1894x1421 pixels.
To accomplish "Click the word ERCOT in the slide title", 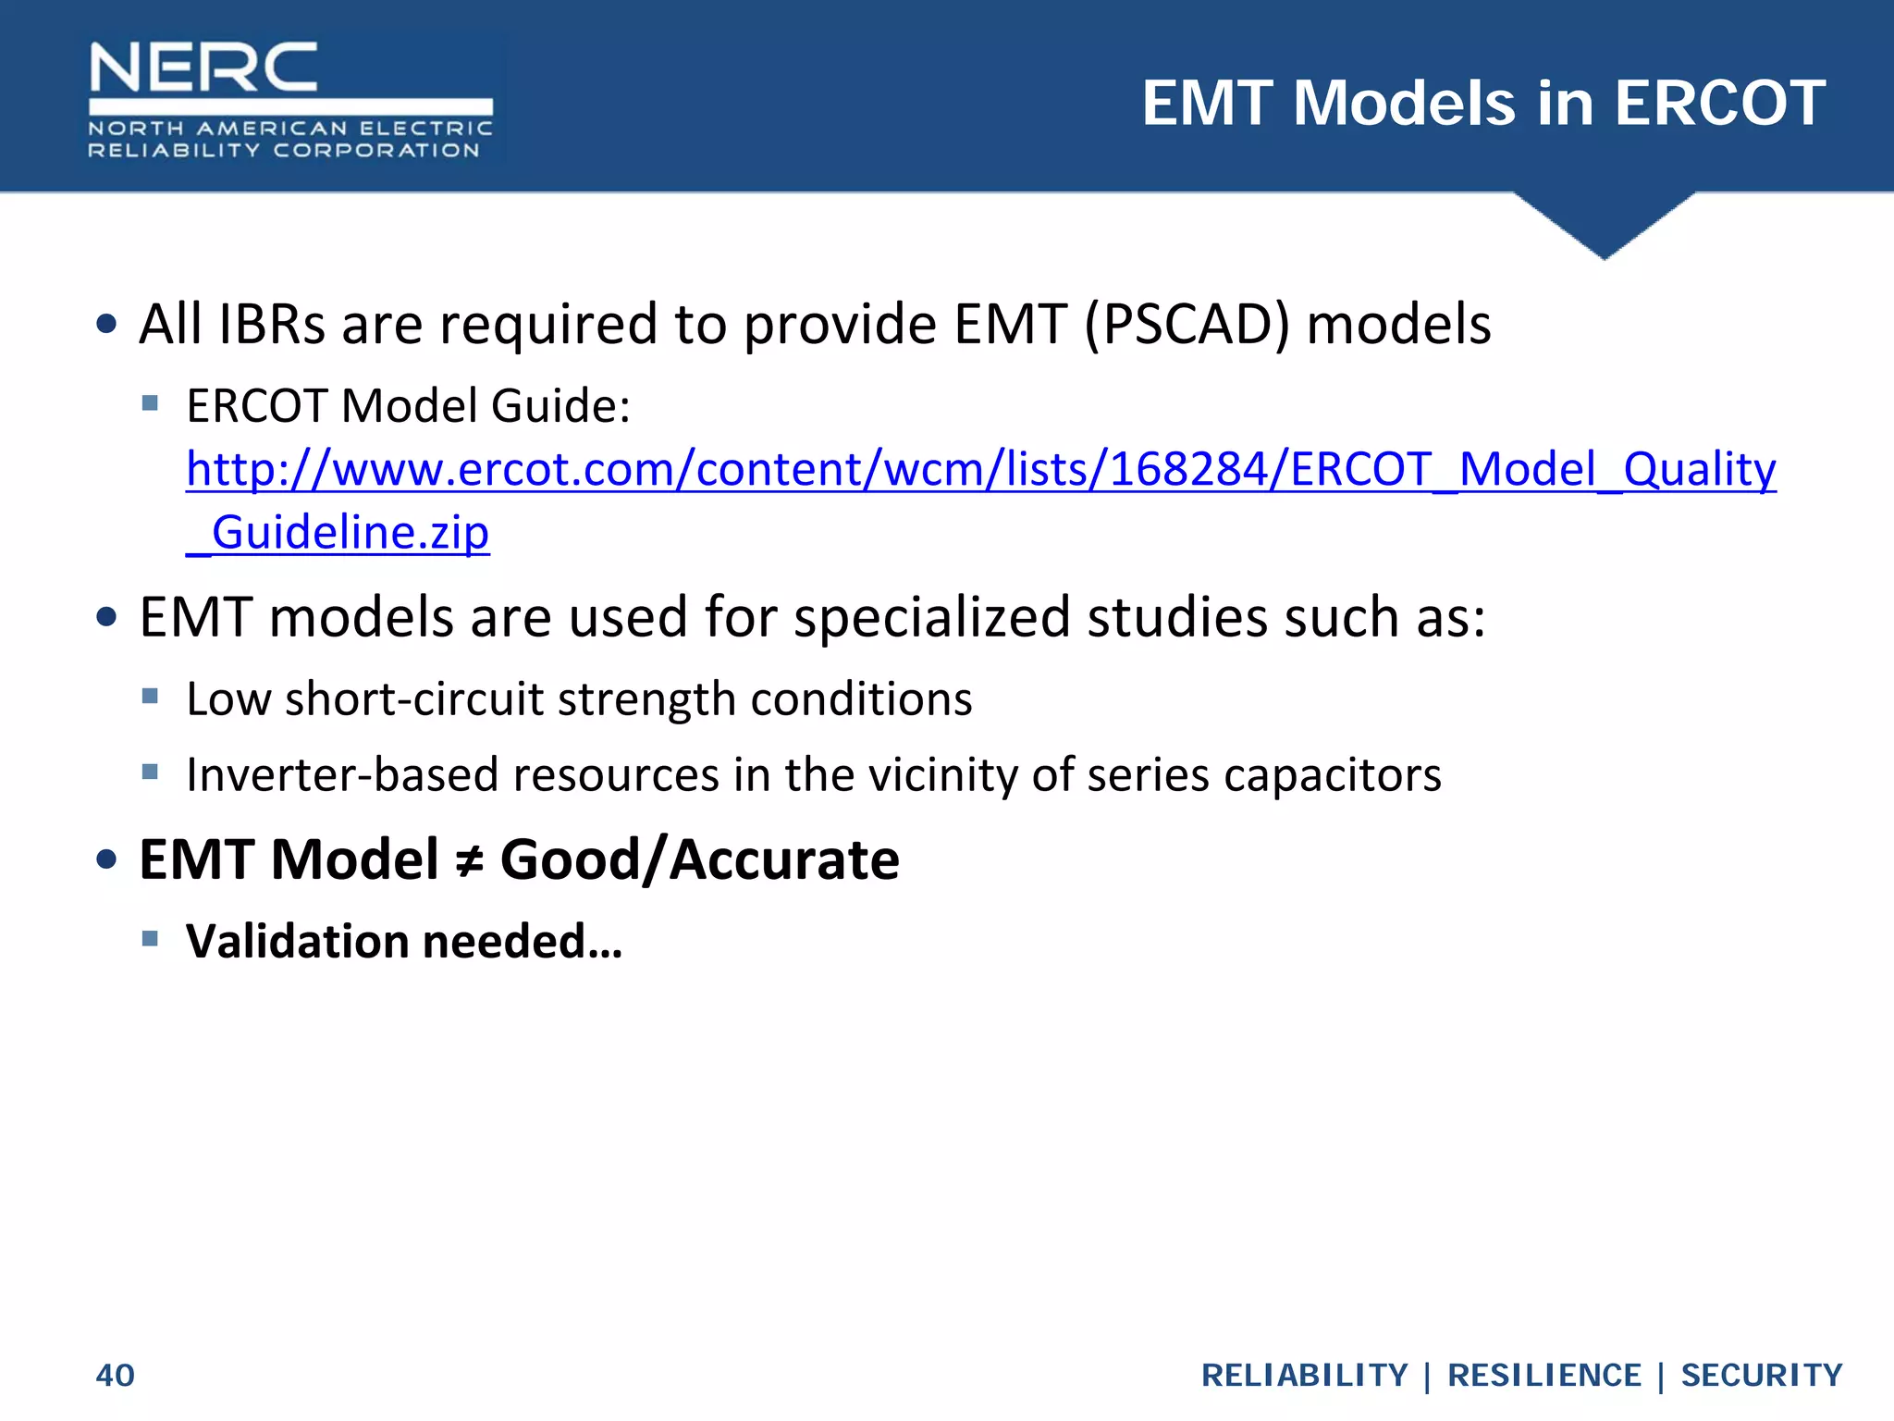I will [x=1719, y=103].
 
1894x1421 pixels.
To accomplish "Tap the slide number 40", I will [x=116, y=1376].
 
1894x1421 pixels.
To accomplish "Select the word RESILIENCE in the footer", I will [x=1543, y=1376].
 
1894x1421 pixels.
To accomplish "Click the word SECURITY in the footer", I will [x=1762, y=1376].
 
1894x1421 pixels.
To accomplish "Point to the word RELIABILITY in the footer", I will [x=1304, y=1376].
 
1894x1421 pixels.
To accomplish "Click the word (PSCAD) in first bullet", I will [x=1186, y=325].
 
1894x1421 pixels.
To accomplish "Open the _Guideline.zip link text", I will [x=338, y=533].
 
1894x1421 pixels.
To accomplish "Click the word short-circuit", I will [x=414, y=699].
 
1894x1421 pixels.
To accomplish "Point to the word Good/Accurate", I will [x=699, y=860].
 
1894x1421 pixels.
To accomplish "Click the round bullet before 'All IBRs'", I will [x=107, y=324].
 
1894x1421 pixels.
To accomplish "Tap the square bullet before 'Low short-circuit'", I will [x=151, y=696].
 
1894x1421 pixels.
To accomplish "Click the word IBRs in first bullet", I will [x=272, y=325].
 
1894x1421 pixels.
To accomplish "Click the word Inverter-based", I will [x=343, y=775].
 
